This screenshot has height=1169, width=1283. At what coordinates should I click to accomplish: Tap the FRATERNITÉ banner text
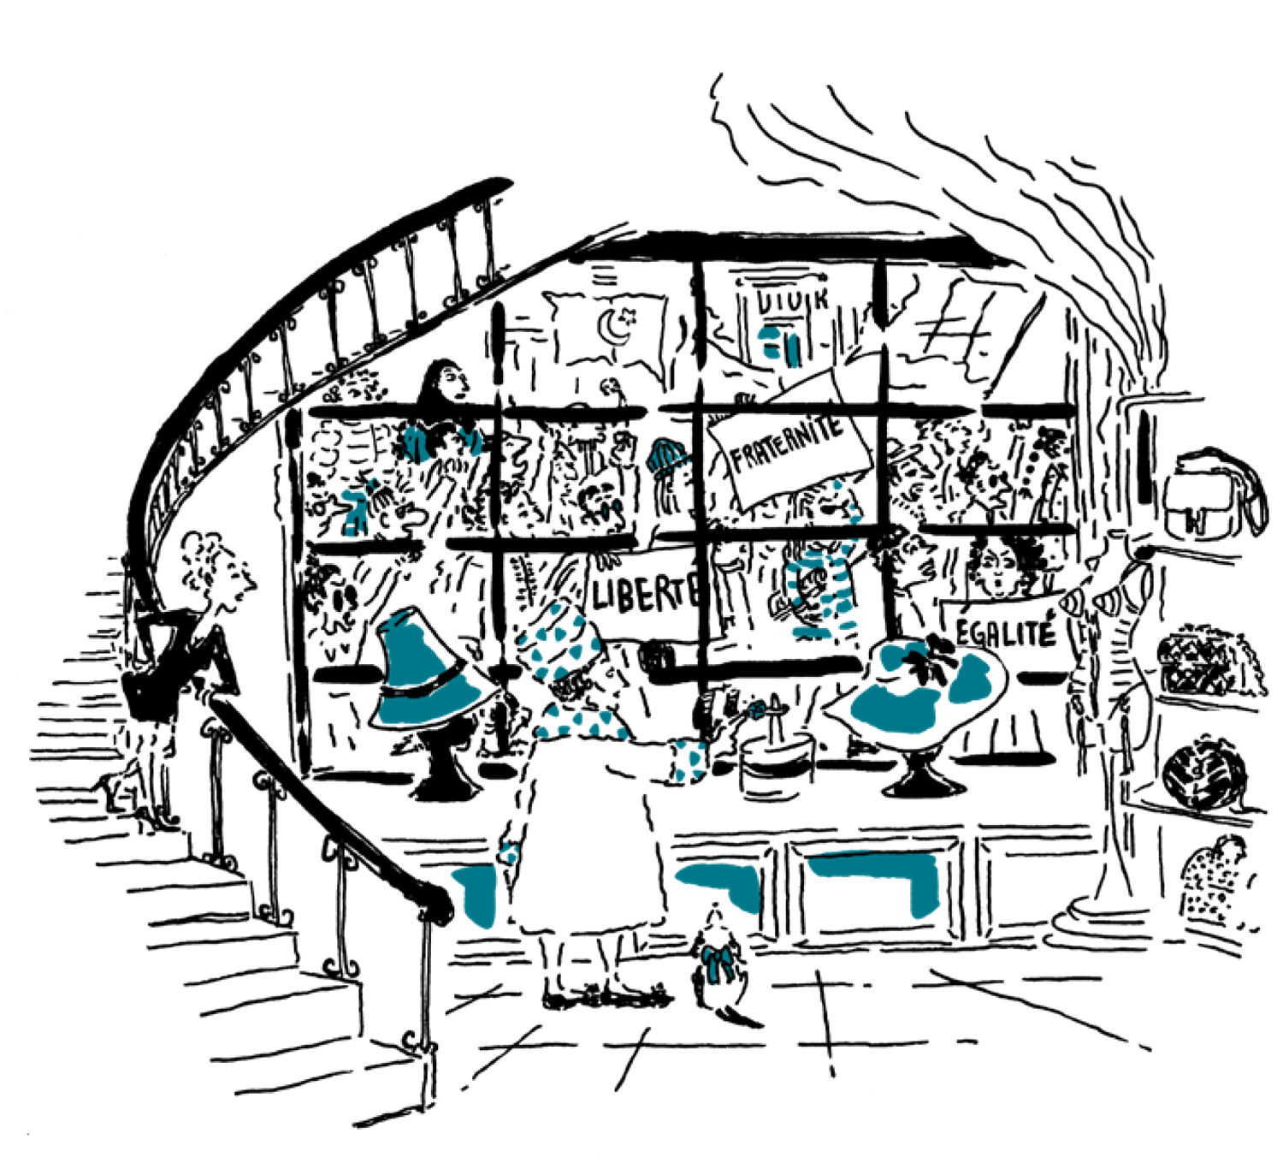point(785,443)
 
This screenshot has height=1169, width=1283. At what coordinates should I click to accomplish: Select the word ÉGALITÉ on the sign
point(1004,634)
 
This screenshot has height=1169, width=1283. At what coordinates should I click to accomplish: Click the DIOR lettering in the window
point(790,300)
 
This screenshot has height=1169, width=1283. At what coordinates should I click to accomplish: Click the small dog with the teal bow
point(718,963)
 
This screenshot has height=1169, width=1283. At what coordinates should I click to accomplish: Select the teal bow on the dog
point(717,958)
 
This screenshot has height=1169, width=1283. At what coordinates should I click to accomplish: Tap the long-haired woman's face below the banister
point(449,385)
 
